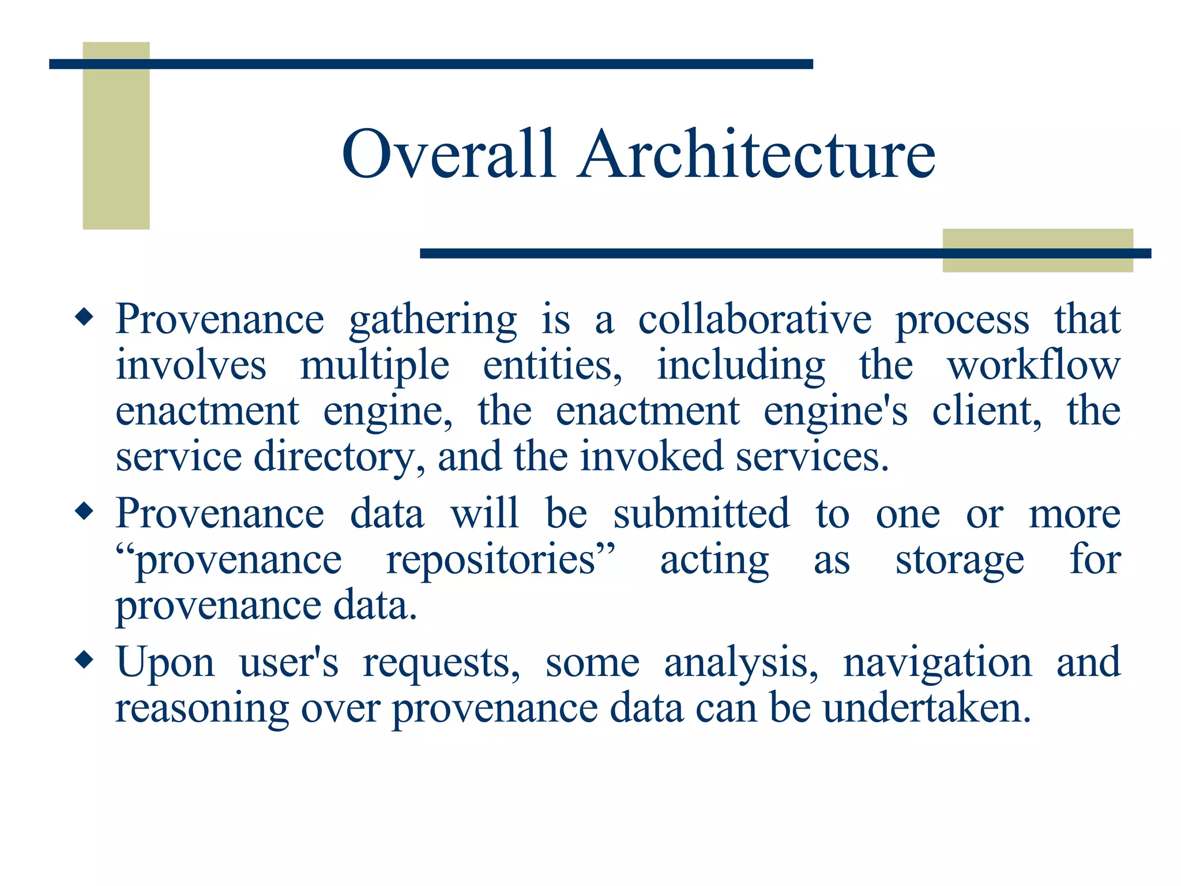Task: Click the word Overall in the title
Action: coord(449,155)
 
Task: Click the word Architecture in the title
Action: coord(757,155)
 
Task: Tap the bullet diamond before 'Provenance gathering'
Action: coord(84,317)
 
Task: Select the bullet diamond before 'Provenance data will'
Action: coord(84,511)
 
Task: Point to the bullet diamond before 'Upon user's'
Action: coord(84,660)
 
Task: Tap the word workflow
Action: coord(1033,365)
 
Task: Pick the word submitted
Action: coord(701,513)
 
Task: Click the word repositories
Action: coord(500,560)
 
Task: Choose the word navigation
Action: coord(937,663)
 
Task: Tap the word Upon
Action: coord(165,663)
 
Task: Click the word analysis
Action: coord(741,663)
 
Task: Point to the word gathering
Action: coord(433,321)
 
